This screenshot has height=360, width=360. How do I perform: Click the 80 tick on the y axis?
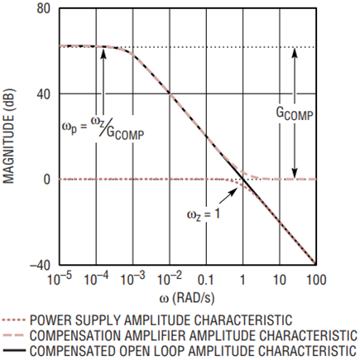coord(42,9)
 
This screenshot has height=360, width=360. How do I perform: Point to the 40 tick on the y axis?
coord(42,94)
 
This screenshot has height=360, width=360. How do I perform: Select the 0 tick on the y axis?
coord(46,179)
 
